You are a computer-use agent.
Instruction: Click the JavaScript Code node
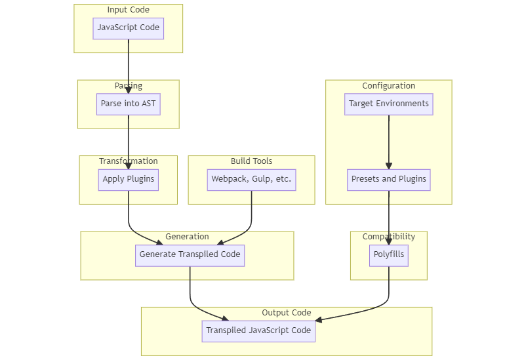click(x=128, y=28)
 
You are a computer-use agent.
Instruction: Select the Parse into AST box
click(x=128, y=104)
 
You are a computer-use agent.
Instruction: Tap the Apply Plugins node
click(x=128, y=180)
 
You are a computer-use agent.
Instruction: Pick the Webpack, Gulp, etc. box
click(x=251, y=180)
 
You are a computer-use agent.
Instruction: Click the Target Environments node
click(x=388, y=104)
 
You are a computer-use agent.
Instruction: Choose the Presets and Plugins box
click(x=388, y=180)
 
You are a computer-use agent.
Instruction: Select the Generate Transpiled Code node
click(x=190, y=255)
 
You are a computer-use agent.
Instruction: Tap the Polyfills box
click(x=388, y=255)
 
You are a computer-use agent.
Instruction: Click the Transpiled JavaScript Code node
click(x=258, y=331)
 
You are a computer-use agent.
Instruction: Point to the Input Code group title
click(x=128, y=10)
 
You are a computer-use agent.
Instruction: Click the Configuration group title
click(x=388, y=86)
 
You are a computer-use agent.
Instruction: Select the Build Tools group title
click(x=251, y=161)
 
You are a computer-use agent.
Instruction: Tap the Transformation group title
click(x=128, y=161)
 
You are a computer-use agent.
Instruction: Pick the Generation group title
click(x=187, y=237)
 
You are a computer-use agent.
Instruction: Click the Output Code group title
click(x=286, y=313)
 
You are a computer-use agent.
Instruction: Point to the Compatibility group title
click(x=388, y=237)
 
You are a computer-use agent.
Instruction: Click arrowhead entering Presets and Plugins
click(x=388, y=166)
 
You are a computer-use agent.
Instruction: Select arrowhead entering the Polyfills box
click(x=388, y=241)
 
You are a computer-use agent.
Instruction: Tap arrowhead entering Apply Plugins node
click(x=128, y=166)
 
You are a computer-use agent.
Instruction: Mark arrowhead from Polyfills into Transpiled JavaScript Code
click(x=319, y=320)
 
